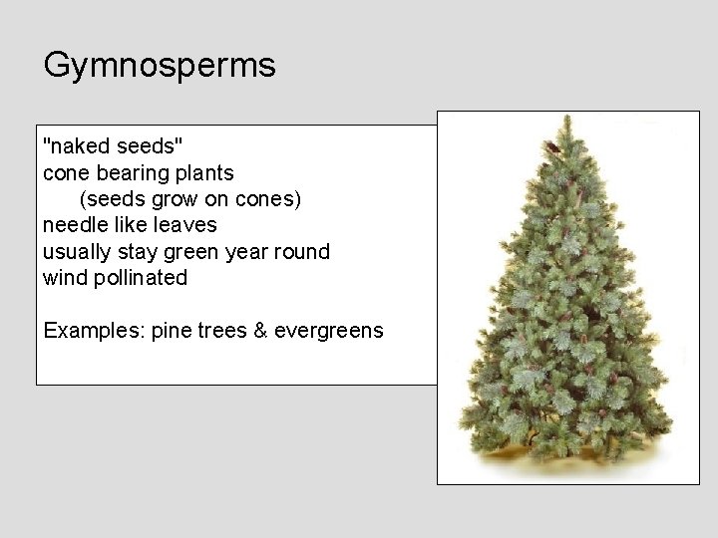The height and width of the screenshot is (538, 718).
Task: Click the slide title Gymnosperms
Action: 160,67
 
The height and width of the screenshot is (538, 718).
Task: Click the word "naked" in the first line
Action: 80,146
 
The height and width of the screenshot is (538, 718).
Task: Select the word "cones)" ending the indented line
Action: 266,199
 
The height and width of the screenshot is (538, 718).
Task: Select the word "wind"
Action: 64,278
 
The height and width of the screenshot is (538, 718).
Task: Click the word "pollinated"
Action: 140,278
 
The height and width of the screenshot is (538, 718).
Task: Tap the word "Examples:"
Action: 94,331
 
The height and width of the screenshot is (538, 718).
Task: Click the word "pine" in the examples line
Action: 173,331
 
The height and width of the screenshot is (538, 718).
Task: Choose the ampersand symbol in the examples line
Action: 261,330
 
